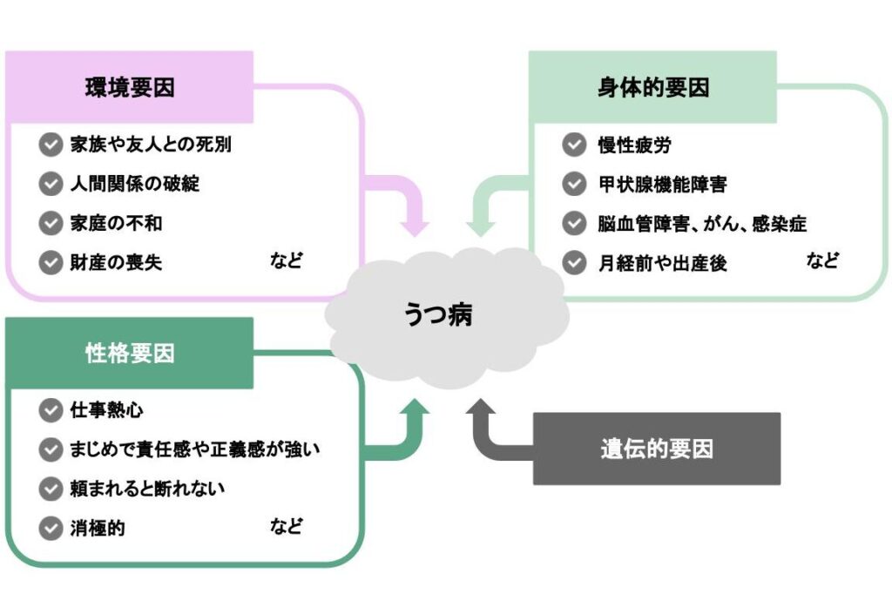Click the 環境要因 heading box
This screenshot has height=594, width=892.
tap(129, 88)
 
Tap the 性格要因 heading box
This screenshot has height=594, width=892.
tap(129, 354)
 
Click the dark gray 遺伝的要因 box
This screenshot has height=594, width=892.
tap(656, 449)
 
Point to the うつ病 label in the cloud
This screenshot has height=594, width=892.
tap(438, 314)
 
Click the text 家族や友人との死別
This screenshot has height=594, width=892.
tap(151, 145)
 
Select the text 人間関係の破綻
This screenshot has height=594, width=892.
tap(134, 184)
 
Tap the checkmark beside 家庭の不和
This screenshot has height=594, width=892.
tap(51, 223)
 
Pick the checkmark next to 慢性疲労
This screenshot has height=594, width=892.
tap(574, 145)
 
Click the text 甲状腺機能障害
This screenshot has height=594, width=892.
tap(662, 184)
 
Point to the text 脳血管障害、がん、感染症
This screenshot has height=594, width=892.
tap(702, 223)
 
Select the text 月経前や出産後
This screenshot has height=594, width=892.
tap(662, 262)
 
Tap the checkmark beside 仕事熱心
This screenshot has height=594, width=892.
tap(51, 409)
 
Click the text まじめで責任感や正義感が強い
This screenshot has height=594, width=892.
tap(196, 449)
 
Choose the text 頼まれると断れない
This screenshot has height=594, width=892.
tap(147, 488)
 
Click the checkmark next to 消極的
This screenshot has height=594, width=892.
tap(51, 527)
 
